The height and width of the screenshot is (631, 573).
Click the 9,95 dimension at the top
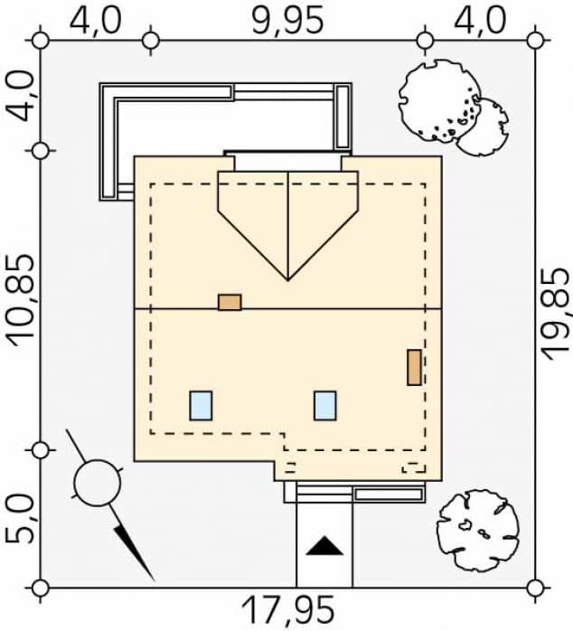click(x=287, y=19)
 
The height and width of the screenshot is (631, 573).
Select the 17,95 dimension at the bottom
click(x=288, y=610)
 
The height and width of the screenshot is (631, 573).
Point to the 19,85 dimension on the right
click(x=556, y=315)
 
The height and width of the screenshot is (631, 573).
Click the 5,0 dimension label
click(x=20, y=519)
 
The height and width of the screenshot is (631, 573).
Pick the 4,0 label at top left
click(x=95, y=19)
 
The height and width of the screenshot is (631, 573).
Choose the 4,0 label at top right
click(x=480, y=19)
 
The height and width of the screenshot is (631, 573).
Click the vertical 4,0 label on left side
click(x=20, y=96)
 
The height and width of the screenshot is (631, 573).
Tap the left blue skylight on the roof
click(x=201, y=406)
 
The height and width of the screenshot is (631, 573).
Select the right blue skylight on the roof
click(x=325, y=406)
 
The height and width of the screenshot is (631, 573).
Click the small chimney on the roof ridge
click(x=230, y=302)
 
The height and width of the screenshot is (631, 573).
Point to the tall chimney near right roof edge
click(x=415, y=367)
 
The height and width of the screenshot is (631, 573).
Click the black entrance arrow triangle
click(x=324, y=546)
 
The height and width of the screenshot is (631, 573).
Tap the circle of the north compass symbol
click(x=98, y=482)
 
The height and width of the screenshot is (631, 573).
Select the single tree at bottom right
click(x=478, y=531)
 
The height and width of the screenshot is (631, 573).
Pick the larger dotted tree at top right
click(x=440, y=100)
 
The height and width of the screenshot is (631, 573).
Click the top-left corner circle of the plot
click(x=41, y=41)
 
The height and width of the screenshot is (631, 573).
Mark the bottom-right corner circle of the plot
click(x=535, y=588)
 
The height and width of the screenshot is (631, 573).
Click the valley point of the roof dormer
click(x=287, y=280)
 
